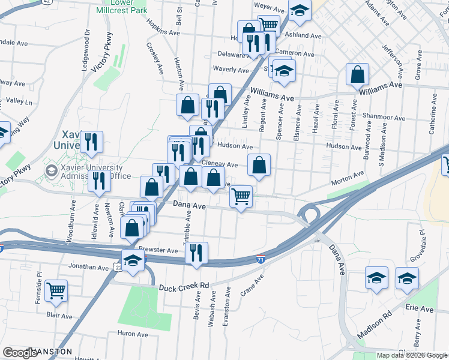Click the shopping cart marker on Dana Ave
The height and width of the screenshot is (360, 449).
241,196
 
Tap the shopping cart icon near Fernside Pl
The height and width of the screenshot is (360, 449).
56,290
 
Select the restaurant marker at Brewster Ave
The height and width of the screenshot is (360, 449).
196,253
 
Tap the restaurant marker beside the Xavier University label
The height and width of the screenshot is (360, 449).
91,142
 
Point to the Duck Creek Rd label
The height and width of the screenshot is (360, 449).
183,287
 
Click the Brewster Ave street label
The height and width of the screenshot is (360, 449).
158,250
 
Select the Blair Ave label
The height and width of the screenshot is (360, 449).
59,316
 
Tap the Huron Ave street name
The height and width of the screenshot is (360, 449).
133,334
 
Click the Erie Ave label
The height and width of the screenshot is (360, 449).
419,308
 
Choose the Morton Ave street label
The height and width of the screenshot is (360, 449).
349,175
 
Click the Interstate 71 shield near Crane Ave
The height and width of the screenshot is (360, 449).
260,259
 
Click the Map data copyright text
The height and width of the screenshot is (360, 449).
411,355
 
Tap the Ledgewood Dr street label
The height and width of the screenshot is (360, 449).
86,47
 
